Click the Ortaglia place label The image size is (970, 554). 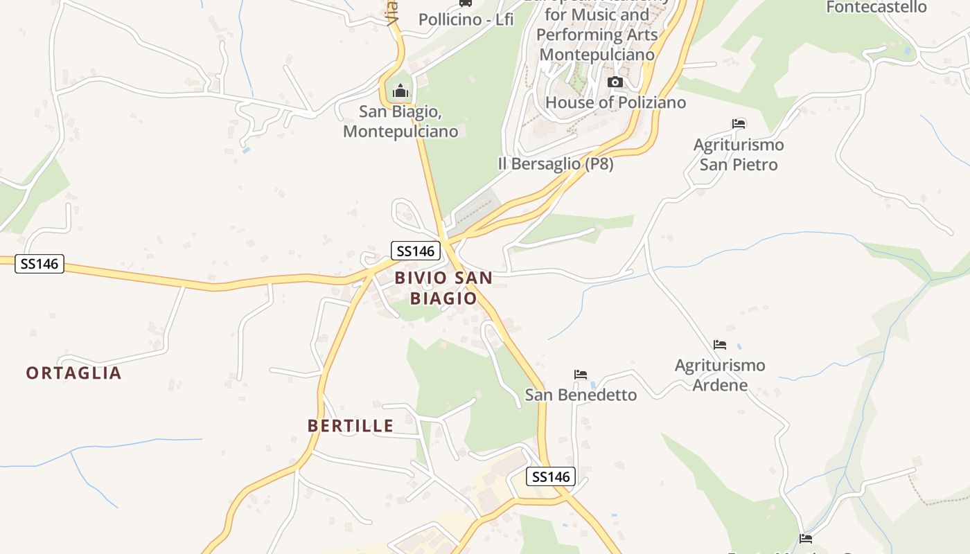73,373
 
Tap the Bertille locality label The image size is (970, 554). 351,425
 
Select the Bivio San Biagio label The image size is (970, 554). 443,288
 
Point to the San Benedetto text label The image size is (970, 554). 581,395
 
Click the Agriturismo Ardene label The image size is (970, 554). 720,375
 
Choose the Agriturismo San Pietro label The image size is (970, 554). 739,154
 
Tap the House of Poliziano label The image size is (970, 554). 615,102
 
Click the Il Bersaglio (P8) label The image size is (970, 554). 556,164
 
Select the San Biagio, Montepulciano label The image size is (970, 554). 400,121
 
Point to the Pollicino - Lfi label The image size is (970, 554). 466,19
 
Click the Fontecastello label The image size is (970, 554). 876,8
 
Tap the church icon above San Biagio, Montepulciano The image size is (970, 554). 400,91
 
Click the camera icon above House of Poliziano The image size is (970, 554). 615,82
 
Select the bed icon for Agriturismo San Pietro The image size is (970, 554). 739,124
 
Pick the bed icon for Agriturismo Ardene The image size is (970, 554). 720,344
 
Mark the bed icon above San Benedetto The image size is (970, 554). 581,375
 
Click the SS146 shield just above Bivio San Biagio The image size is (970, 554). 416,251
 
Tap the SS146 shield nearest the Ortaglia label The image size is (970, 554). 39,264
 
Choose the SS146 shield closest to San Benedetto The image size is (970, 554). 551,476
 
